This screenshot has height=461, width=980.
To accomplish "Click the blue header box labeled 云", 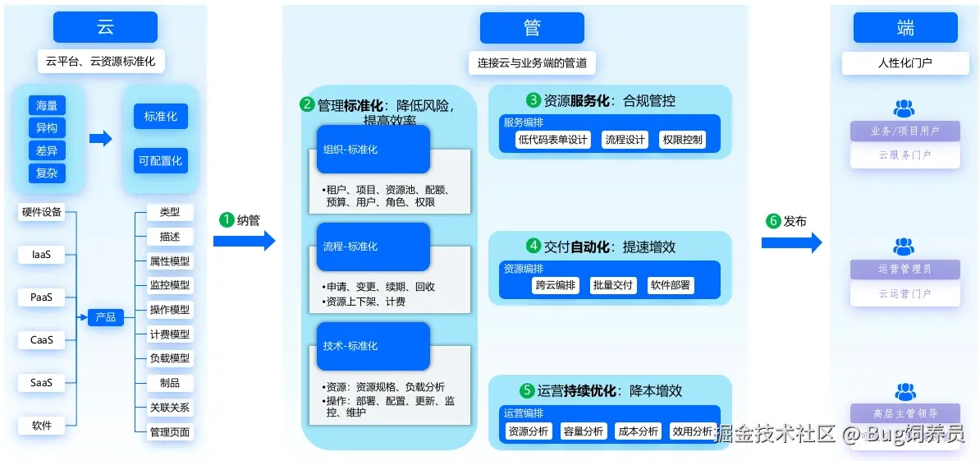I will (x=105, y=27).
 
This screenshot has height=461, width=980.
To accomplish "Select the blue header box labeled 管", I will (x=532, y=27).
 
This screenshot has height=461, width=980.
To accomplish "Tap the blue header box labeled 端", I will (x=904, y=27).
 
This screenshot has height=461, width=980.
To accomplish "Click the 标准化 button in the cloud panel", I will (x=161, y=117).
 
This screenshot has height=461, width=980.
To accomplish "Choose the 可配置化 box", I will (x=161, y=161).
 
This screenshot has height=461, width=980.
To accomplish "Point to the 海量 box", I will (x=46, y=106).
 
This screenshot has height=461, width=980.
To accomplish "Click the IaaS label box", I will (x=42, y=255).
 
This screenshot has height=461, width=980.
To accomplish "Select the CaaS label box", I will (x=42, y=340).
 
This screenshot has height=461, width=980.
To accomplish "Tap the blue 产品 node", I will (x=105, y=317).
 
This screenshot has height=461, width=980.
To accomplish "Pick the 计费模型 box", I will (x=170, y=334).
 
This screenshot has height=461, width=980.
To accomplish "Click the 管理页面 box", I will (x=170, y=432).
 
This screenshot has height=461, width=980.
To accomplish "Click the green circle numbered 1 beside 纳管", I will (x=227, y=220).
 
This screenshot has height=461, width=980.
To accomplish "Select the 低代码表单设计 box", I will (x=553, y=140).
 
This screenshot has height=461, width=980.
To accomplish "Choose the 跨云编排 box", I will (x=556, y=285).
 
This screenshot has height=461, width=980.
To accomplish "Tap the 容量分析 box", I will (x=584, y=431).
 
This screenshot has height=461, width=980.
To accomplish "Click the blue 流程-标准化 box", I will (x=373, y=247).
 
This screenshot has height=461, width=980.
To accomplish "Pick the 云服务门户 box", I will (x=904, y=154).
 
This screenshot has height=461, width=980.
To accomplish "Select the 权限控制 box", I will (x=682, y=140).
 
